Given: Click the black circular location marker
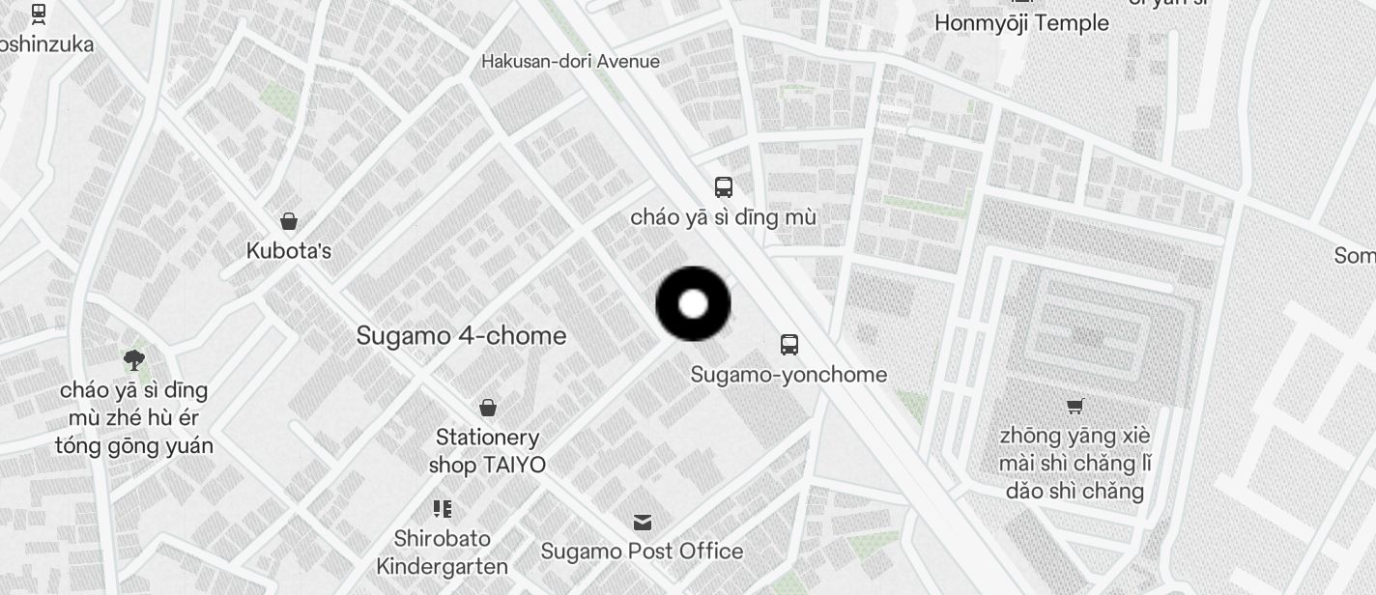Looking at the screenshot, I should pyautogui.click(x=693, y=304).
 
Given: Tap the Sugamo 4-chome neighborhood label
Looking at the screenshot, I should pyautogui.click(x=461, y=336).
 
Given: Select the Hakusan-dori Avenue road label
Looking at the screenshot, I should pyautogui.click(x=570, y=62).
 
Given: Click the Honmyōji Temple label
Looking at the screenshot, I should pyautogui.click(x=1021, y=23).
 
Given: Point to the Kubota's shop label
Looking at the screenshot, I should pyautogui.click(x=288, y=251).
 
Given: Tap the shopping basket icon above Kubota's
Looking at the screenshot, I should pyautogui.click(x=288, y=221).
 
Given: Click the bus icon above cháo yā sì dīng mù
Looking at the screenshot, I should pyautogui.click(x=723, y=187).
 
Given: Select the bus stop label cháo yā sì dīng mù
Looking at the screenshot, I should pyautogui.click(x=723, y=217).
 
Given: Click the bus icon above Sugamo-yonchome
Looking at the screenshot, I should pyautogui.click(x=788, y=344).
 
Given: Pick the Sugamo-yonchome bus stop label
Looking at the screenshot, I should pyautogui.click(x=788, y=375).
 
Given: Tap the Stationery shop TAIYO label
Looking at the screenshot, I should pyautogui.click(x=487, y=451).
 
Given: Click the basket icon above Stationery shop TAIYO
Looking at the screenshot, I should pyautogui.click(x=488, y=408).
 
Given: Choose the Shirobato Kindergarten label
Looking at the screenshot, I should pyautogui.click(x=442, y=552).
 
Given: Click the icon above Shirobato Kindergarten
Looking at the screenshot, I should pyautogui.click(x=443, y=508).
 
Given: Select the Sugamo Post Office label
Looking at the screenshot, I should pyautogui.click(x=642, y=552).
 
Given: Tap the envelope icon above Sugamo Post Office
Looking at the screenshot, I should pyautogui.click(x=643, y=523).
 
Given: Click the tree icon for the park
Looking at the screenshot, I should pyautogui.click(x=134, y=360).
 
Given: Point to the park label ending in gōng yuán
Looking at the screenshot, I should pyautogui.click(x=133, y=418).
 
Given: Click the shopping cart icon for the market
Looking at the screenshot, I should pyautogui.click(x=1075, y=406).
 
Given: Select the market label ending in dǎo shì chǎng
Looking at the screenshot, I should pyautogui.click(x=1075, y=464).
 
